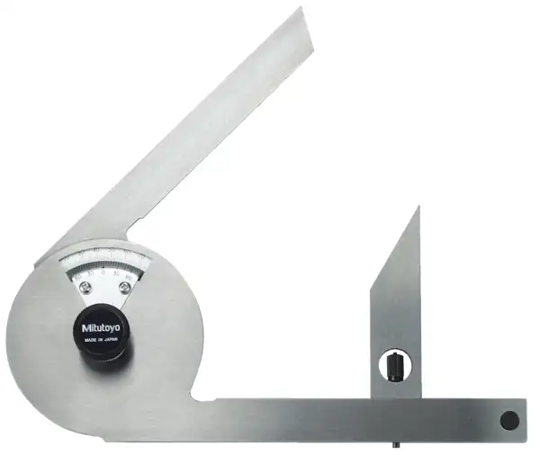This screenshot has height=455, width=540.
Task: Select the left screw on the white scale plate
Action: tap(85, 288)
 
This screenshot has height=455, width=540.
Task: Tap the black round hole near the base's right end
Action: tap(509, 418)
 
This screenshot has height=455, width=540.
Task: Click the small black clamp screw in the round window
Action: tap(394, 366)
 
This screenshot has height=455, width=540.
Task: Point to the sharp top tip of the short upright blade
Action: tap(418, 209)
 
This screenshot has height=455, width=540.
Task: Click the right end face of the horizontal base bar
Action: tap(525, 419)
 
